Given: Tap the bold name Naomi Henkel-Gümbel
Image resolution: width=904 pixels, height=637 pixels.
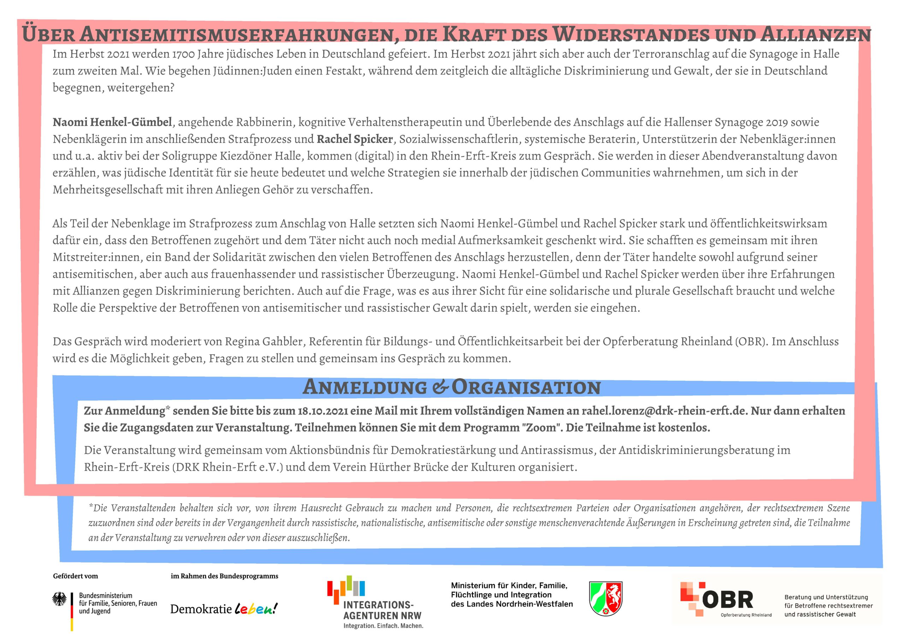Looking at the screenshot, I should point(112,122).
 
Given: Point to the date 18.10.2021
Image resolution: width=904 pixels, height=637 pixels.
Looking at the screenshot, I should point(323,411).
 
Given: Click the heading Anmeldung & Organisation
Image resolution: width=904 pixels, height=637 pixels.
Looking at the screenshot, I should point(451,387).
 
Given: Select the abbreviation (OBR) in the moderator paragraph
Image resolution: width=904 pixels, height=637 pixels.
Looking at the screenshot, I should point(751,341).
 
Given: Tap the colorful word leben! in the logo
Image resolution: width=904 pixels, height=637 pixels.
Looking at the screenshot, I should point(256,609).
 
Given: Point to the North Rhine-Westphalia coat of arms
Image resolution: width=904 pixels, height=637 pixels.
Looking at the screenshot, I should point(606,599).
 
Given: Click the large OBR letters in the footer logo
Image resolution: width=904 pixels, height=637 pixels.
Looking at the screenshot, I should point(727,600).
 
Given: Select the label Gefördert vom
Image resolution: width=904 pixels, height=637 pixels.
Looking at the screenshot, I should point(75,576).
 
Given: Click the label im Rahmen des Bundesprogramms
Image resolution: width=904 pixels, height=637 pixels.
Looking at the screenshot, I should point(225,576).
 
